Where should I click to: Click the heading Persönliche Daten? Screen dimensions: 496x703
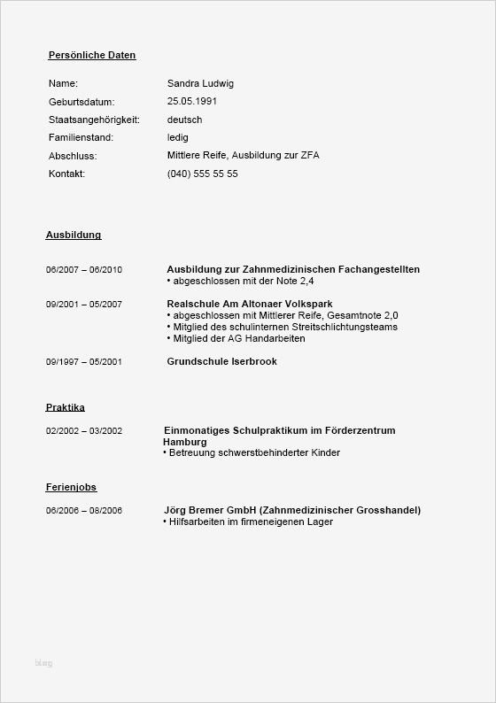(92, 55)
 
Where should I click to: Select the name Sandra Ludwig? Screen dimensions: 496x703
(200, 83)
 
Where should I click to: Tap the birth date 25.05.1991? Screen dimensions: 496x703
(191, 101)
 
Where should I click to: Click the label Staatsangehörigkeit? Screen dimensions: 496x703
(93, 120)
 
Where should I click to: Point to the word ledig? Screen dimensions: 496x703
(177, 137)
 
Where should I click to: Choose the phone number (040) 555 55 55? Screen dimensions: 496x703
(202, 174)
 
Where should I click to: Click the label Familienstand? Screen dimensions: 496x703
(81, 137)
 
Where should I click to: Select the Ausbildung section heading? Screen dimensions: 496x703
(74, 235)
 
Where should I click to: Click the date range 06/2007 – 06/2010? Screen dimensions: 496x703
(84, 269)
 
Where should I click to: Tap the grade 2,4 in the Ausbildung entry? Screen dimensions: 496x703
(306, 281)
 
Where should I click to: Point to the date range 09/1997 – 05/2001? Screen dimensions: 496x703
(84, 361)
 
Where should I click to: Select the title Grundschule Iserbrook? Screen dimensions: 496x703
(221, 361)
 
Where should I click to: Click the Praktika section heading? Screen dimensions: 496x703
(66, 407)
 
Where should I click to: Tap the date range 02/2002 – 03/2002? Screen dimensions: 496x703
(84, 431)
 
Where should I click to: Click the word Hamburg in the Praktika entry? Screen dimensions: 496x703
(185, 442)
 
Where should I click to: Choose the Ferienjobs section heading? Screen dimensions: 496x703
(71, 487)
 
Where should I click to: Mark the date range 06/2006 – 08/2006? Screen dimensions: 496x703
(84, 511)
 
